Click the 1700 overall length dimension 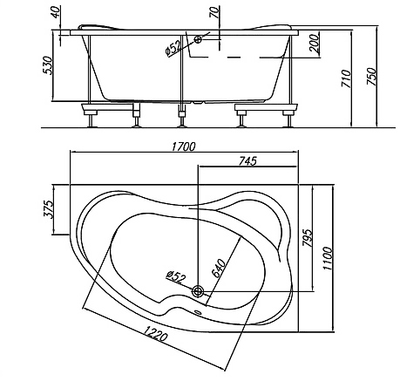click(x=184, y=146)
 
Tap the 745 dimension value click(x=247, y=160)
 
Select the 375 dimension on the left click(x=49, y=208)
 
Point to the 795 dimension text click(x=308, y=238)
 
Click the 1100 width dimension click(x=328, y=258)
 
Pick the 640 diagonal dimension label click(x=219, y=269)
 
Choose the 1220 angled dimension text click(x=156, y=333)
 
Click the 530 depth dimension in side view click(x=48, y=65)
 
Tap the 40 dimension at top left click(x=56, y=12)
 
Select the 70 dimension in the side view click(x=214, y=12)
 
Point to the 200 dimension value click(x=314, y=44)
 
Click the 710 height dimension click(x=346, y=78)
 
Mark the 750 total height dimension click(x=371, y=77)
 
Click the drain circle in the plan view click(x=198, y=291)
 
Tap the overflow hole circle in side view click(x=198, y=39)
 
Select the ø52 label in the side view click(x=173, y=47)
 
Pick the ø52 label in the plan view click(x=176, y=276)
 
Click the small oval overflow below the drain click(x=198, y=313)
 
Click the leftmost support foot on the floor click(x=92, y=120)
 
